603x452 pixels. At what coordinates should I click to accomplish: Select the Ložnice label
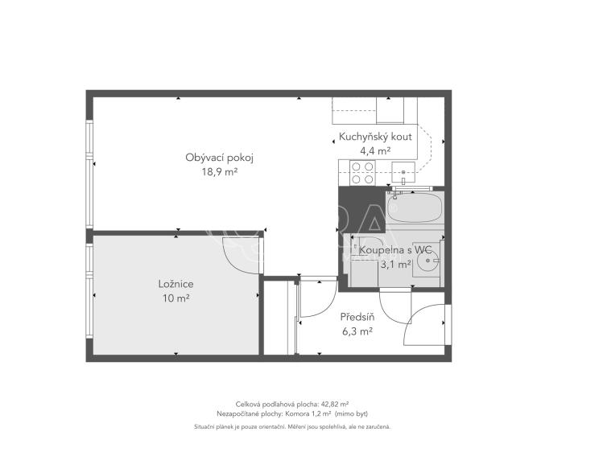tap(176, 285)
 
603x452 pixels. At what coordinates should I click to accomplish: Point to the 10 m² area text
tap(176, 298)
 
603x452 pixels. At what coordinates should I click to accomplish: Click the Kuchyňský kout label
tap(375, 137)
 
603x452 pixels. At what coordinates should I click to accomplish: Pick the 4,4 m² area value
tap(375, 150)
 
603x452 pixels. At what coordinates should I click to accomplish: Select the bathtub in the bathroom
tap(415, 208)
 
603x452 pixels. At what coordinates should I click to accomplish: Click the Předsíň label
tap(356, 317)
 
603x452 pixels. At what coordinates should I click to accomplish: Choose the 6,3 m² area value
tap(356, 331)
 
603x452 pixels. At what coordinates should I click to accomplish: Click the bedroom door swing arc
tap(239, 256)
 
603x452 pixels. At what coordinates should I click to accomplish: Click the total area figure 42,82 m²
tap(333, 404)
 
